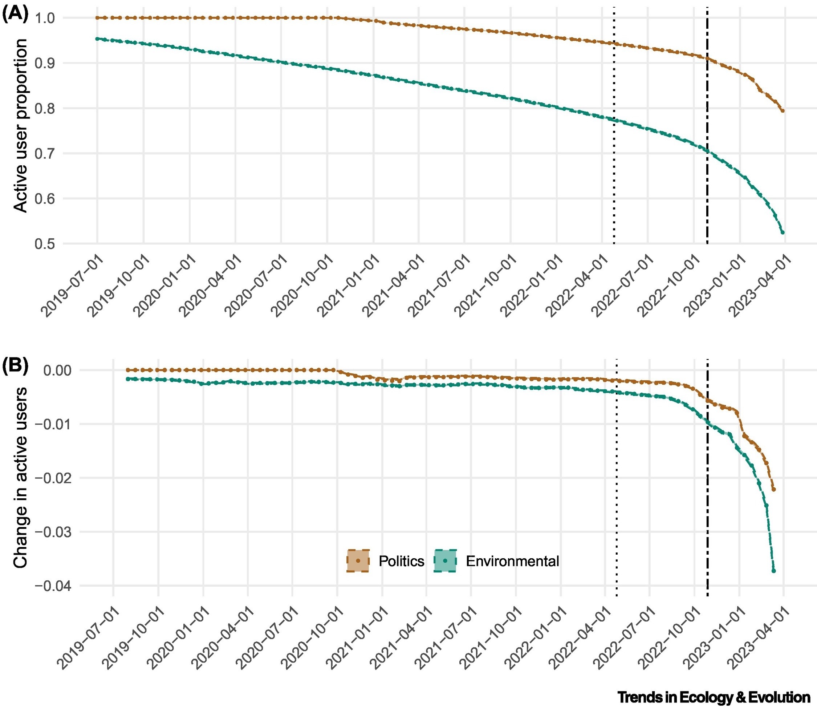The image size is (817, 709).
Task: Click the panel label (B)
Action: pyautogui.click(x=15, y=366)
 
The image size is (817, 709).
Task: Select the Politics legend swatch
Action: pyautogui.click(x=358, y=561)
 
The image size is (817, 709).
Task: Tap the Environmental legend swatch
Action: pyautogui.click(x=445, y=561)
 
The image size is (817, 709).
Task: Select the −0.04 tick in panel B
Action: pyautogui.click(x=54, y=586)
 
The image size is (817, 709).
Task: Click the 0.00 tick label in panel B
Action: pyautogui.click(x=58, y=370)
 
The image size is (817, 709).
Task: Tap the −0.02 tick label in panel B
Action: pyautogui.click(x=54, y=478)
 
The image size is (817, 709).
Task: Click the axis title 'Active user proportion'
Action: pyautogui.click(x=21, y=126)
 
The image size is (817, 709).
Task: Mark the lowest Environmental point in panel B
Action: pyautogui.click(x=774, y=571)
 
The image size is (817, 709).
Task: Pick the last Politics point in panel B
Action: pyautogui.click(x=774, y=489)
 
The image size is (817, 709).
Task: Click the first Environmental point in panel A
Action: pyautogui.click(x=97, y=39)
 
